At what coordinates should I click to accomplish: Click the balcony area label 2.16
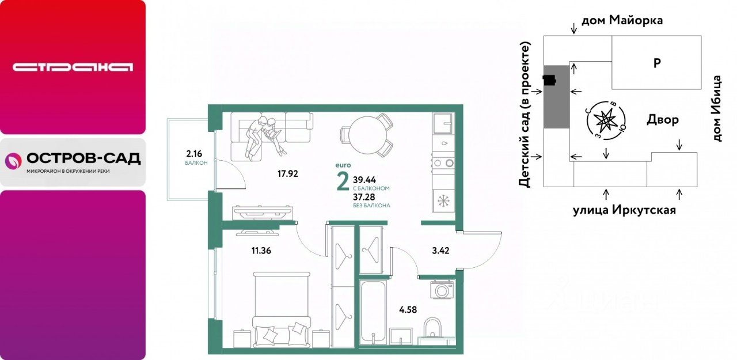(x=194, y=154)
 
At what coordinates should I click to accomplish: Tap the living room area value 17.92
(x=287, y=173)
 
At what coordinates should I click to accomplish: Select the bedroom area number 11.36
(x=261, y=251)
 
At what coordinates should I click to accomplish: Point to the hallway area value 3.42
(x=440, y=251)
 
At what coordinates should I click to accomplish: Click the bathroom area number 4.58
(x=408, y=310)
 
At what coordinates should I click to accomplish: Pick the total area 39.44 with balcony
(x=364, y=180)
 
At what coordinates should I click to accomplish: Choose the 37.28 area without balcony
(x=364, y=197)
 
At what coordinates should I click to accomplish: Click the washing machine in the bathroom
(x=442, y=290)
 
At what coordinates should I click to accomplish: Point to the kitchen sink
(x=443, y=123)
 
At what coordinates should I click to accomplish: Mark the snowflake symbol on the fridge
(x=443, y=200)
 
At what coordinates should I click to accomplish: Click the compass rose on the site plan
(x=606, y=121)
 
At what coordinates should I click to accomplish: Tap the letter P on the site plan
(x=657, y=63)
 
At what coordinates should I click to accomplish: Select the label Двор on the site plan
(x=663, y=119)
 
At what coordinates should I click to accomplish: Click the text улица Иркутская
(x=625, y=210)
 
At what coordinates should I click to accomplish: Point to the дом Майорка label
(x=622, y=20)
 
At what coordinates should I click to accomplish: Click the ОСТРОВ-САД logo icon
(x=13, y=161)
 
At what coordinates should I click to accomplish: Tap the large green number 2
(x=343, y=182)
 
